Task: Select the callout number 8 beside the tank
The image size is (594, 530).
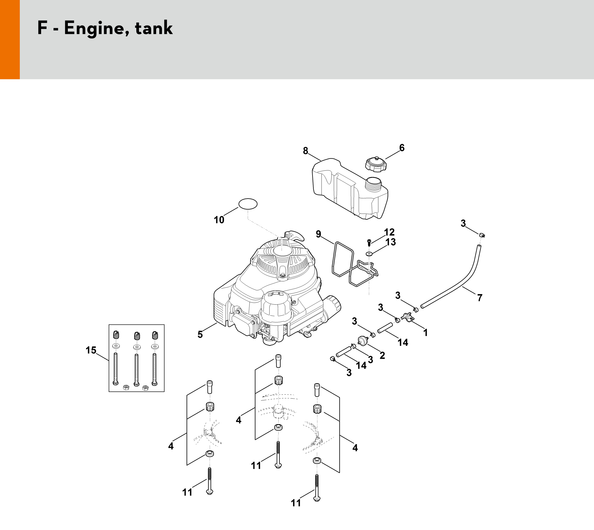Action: pyautogui.click(x=305, y=151)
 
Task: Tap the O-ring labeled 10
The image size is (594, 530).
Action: pyautogui.click(x=248, y=204)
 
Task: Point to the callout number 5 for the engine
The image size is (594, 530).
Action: pyautogui.click(x=200, y=335)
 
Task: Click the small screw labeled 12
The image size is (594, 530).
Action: pyautogui.click(x=369, y=241)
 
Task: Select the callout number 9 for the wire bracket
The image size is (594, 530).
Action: pyautogui.click(x=318, y=234)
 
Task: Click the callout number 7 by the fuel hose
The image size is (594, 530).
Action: pyautogui.click(x=480, y=297)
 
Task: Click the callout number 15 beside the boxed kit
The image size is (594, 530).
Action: pyautogui.click(x=91, y=350)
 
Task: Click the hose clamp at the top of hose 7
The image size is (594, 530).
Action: pyautogui.click(x=482, y=235)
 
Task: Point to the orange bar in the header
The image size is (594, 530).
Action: pyautogui.click(x=9, y=39)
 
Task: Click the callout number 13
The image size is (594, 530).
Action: pyautogui.click(x=391, y=242)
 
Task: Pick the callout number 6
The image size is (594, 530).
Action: pyautogui.click(x=402, y=148)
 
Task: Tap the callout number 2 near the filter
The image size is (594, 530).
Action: pyautogui.click(x=382, y=355)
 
